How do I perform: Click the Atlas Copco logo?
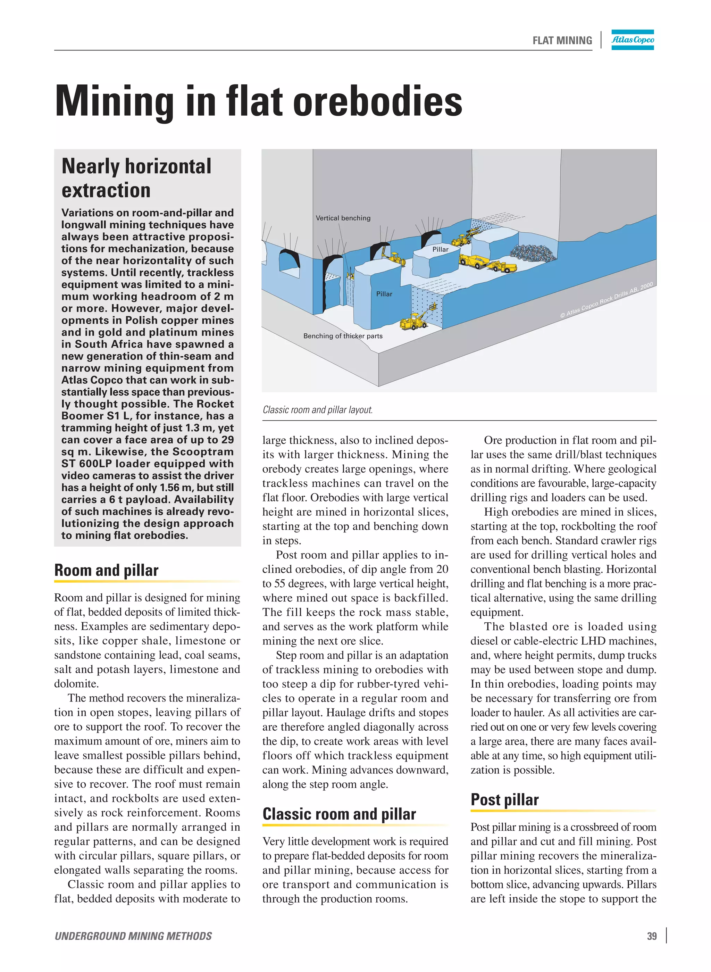click(632, 40)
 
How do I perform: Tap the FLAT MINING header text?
click(562, 41)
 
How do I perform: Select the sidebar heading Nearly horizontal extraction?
click(136, 178)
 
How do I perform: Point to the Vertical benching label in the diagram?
click(343, 218)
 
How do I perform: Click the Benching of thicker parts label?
click(343, 336)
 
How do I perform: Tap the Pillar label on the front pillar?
click(384, 294)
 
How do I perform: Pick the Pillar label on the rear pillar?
click(440, 249)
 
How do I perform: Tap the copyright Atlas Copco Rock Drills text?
click(607, 300)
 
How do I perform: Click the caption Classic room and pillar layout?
click(318, 410)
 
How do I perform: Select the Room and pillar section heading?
click(106, 570)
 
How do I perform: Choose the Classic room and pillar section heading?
click(339, 814)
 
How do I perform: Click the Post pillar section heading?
click(504, 799)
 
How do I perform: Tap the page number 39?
click(652, 936)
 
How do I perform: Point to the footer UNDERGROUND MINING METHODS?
click(133, 936)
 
